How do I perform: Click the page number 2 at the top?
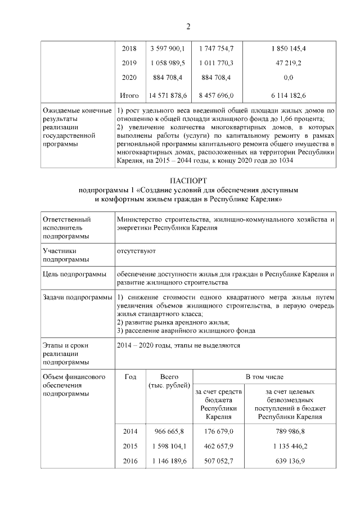click(188, 26)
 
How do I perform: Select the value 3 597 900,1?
click(168, 48)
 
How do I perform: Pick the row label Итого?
click(129, 96)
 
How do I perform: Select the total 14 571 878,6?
click(168, 96)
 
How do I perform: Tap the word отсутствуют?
click(136, 250)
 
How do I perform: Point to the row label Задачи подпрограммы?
click(78, 297)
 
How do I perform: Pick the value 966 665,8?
click(168, 431)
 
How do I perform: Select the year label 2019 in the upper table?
click(129, 62)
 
